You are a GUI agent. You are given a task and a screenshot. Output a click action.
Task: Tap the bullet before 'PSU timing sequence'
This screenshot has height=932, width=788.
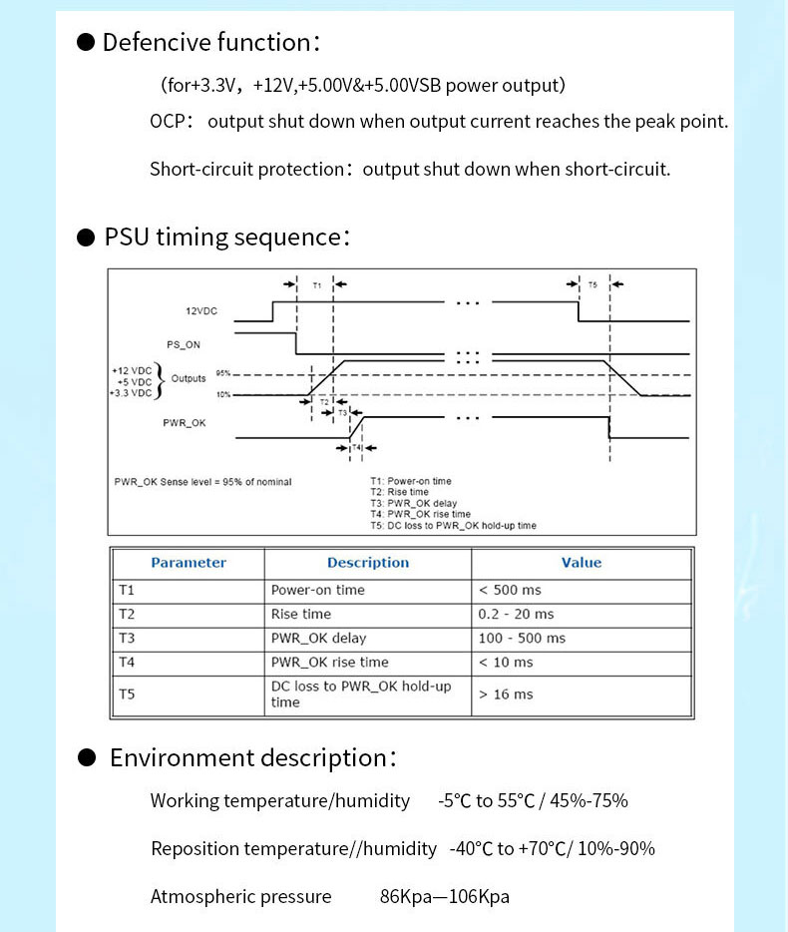(86, 237)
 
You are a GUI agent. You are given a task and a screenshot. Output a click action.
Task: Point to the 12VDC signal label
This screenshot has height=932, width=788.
(201, 311)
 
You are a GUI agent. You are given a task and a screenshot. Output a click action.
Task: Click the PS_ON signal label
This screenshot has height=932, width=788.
(184, 344)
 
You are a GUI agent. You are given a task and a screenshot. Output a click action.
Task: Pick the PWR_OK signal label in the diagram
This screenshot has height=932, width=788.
(185, 423)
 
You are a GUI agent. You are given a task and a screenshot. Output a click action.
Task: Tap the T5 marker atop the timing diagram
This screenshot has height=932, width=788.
(592, 284)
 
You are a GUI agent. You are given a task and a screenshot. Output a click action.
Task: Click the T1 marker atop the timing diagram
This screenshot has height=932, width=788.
(317, 285)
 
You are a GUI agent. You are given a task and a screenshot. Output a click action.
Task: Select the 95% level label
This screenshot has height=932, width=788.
(222, 373)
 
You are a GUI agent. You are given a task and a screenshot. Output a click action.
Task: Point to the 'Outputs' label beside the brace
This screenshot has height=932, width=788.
(189, 378)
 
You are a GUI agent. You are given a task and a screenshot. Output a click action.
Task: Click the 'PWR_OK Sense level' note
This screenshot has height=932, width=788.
(203, 482)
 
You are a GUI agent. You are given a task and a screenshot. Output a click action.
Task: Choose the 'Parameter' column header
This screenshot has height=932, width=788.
(189, 563)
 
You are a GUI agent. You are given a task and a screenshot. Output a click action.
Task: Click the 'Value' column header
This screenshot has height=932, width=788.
(582, 563)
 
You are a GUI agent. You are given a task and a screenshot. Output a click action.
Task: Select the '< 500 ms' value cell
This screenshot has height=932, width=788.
(510, 590)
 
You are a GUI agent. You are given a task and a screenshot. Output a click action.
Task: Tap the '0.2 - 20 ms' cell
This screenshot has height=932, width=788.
(516, 614)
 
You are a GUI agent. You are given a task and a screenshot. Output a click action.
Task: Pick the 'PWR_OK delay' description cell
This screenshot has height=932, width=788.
(318, 639)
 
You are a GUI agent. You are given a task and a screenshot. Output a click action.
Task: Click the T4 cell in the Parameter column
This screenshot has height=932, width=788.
(127, 663)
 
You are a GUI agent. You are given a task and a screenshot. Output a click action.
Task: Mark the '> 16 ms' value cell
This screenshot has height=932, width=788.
(506, 695)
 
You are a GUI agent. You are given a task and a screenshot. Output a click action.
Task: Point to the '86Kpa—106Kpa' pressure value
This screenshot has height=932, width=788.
(445, 896)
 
